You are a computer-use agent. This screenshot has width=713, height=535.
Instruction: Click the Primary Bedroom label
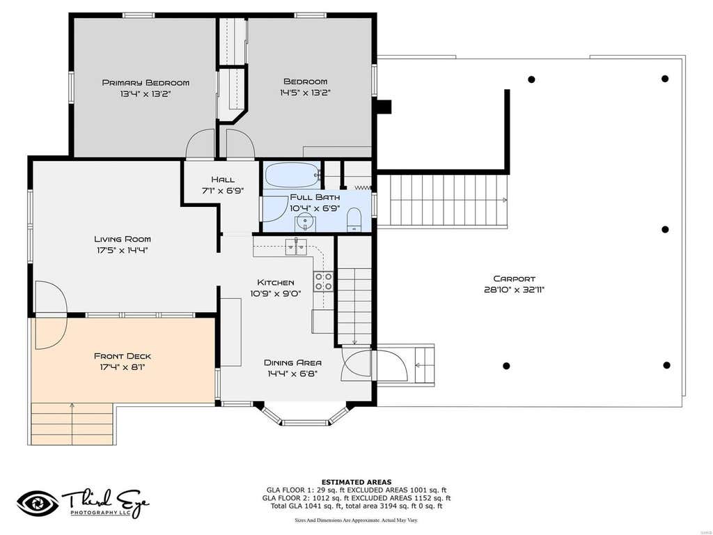pos(146,83)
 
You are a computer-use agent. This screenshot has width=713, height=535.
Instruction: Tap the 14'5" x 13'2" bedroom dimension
pos(305,93)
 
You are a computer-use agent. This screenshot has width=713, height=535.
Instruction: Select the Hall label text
pos(223,179)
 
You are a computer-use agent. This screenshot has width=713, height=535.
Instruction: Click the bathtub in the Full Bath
pos(292,175)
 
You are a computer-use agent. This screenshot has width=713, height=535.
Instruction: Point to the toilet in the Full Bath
pos(353,219)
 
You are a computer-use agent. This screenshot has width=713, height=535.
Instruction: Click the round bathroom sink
pos(304,222)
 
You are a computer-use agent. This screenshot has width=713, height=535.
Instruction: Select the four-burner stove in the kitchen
pos(323,281)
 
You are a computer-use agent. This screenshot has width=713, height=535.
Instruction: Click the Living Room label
pos(123,239)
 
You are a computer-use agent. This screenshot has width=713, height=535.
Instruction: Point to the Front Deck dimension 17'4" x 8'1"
pos(123,366)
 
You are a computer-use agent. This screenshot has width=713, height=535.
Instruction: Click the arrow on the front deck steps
pos(72,423)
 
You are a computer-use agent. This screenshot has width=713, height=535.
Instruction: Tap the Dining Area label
pos(293,362)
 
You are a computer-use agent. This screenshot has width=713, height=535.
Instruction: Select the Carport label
pos(515,279)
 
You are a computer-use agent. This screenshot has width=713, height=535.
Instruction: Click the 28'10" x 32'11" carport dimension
pos(515,290)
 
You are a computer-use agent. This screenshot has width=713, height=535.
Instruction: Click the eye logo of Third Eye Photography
pos(38,504)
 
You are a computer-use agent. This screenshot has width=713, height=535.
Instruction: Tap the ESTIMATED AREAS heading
pos(356,482)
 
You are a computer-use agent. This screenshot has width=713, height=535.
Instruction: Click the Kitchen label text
pos(276,283)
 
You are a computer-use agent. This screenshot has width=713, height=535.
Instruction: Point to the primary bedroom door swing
pos(200,144)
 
